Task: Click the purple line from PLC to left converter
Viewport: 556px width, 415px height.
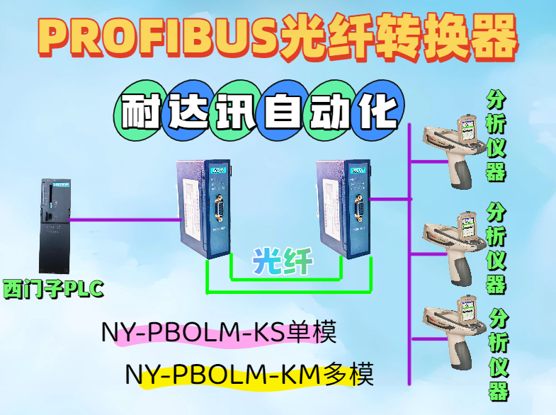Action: pyautogui.click(x=124, y=220)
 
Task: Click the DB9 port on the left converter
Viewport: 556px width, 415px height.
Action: pyautogui.click(x=217, y=215)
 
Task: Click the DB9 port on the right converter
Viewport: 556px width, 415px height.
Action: pyautogui.click(x=358, y=215)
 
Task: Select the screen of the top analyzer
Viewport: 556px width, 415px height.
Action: pyautogui.click(x=467, y=130)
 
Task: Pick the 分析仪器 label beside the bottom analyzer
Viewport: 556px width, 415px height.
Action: pyautogui.click(x=499, y=354)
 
